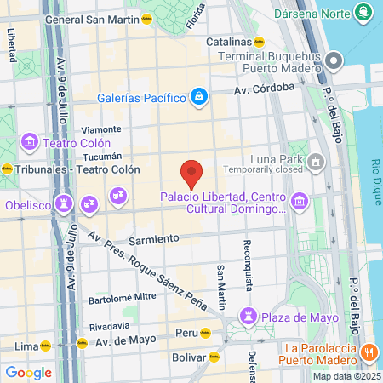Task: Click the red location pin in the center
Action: tap(192, 173)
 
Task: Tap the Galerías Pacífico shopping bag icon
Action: tap(199, 97)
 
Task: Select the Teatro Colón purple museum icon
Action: tap(29, 141)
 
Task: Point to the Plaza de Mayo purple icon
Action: tap(249, 317)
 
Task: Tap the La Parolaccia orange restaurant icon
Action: tap(369, 352)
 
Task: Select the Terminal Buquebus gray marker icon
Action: tap(334, 60)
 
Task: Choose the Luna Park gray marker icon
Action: tap(317, 160)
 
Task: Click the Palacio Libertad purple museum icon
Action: tap(299, 201)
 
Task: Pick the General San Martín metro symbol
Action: tap(146, 19)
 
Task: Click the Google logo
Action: tap(28, 372)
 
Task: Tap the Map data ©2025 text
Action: tap(346, 376)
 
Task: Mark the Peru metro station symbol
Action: tap(204, 333)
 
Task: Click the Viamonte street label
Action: tap(101, 129)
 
